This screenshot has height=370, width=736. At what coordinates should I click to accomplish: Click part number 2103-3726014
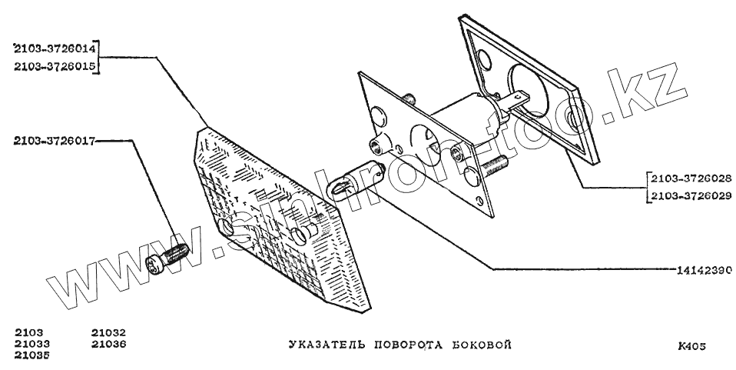click(53, 48)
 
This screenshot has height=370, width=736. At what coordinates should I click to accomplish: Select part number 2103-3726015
click(53, 67)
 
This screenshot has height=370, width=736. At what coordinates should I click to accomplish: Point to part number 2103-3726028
click(688, 178)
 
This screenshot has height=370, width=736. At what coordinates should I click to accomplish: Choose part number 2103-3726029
click(688, 196)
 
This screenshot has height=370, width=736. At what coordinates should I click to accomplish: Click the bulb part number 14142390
click(702, 270)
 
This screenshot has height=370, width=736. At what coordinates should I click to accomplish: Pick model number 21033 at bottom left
click(33, 344)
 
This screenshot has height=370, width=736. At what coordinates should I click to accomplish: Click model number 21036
click(108, 344)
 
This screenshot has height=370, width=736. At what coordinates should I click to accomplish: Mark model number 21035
click(33, 355)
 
